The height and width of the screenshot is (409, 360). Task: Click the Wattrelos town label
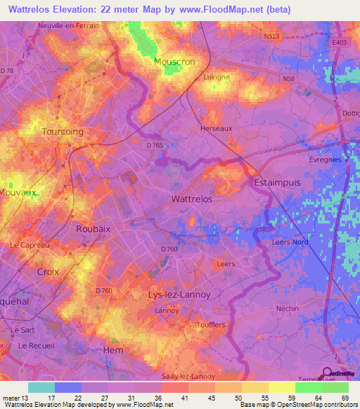coord(192,199)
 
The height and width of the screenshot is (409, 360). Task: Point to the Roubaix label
coord(94,228)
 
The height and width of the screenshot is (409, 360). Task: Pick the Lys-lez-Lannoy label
coord(179,294)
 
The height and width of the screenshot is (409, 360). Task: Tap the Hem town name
coord(113,350)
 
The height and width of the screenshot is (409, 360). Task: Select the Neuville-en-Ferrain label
coord(69,25)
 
